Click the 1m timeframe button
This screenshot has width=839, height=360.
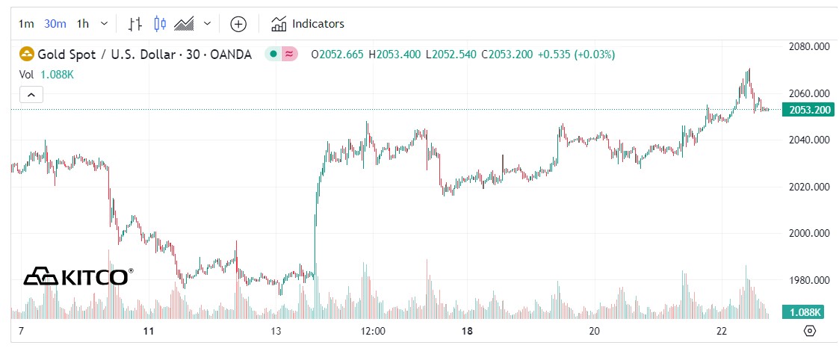[26, 24]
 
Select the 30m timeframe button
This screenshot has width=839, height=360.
[55, 24]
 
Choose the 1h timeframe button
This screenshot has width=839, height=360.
[82, 24]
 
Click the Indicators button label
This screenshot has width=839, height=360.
[318, 24]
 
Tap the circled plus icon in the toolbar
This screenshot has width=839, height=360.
[238, 24]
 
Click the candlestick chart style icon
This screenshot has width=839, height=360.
[159, 24]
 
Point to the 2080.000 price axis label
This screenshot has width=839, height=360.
[810, 46]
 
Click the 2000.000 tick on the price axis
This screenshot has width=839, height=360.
[810, 234]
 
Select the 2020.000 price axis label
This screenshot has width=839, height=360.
[810, 187]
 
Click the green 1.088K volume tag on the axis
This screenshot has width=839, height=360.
[802, 312]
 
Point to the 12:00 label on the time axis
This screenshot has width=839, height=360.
[372, 331]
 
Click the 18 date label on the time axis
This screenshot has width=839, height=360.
[467, 331]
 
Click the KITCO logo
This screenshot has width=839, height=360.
[78, 276]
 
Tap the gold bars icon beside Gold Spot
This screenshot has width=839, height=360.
[27, 55]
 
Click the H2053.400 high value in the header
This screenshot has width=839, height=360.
[395, 55]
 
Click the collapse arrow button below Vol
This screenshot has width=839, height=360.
[31, 95]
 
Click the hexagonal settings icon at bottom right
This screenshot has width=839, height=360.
[809, 331]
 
